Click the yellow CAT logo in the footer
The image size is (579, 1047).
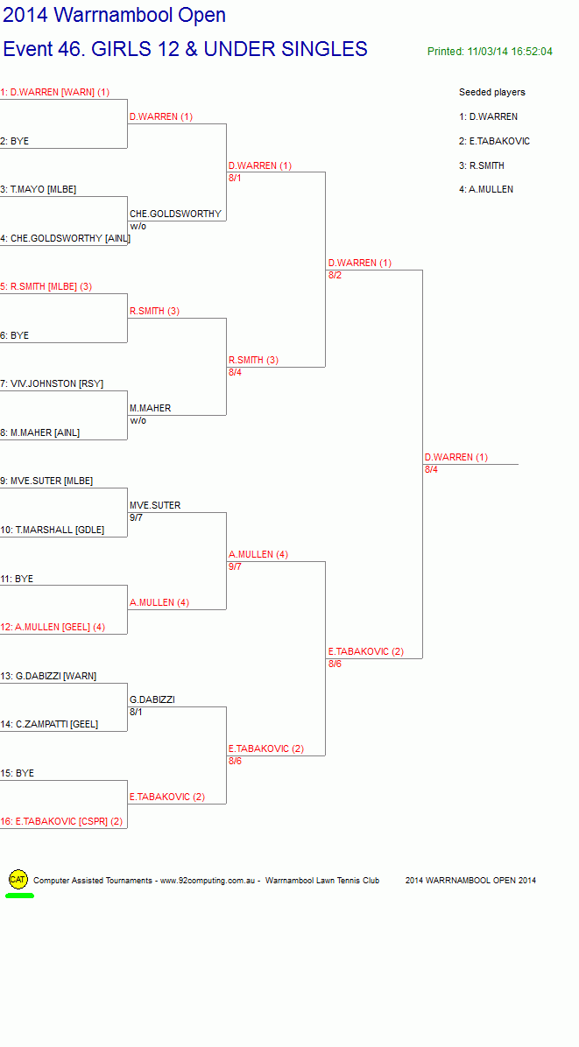[18, 880]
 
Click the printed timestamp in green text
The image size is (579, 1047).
[491, 52]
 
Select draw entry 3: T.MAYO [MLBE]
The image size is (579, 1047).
[38, 190]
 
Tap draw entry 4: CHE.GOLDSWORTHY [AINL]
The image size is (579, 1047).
[66, 238]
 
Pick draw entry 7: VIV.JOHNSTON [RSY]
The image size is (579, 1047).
[52, 384]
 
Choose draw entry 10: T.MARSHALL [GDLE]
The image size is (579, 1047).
[52, 531]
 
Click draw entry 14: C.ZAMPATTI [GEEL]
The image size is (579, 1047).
[49, 725]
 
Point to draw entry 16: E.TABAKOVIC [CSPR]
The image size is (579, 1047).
[61, 822]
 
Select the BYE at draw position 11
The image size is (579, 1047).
[17, 579]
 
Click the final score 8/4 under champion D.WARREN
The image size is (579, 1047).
[432, 469]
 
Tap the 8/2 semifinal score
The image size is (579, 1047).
[335, 275]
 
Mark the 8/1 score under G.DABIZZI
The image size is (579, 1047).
[137, 712]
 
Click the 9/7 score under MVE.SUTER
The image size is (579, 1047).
[137, 517]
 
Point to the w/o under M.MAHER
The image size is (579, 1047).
[138, 421]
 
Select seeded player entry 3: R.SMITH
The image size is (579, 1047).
[482, 165]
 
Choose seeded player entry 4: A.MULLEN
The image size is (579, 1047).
[486, 190]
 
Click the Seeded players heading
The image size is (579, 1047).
[492, 92]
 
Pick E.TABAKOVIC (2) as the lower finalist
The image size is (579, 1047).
[366, 651]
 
